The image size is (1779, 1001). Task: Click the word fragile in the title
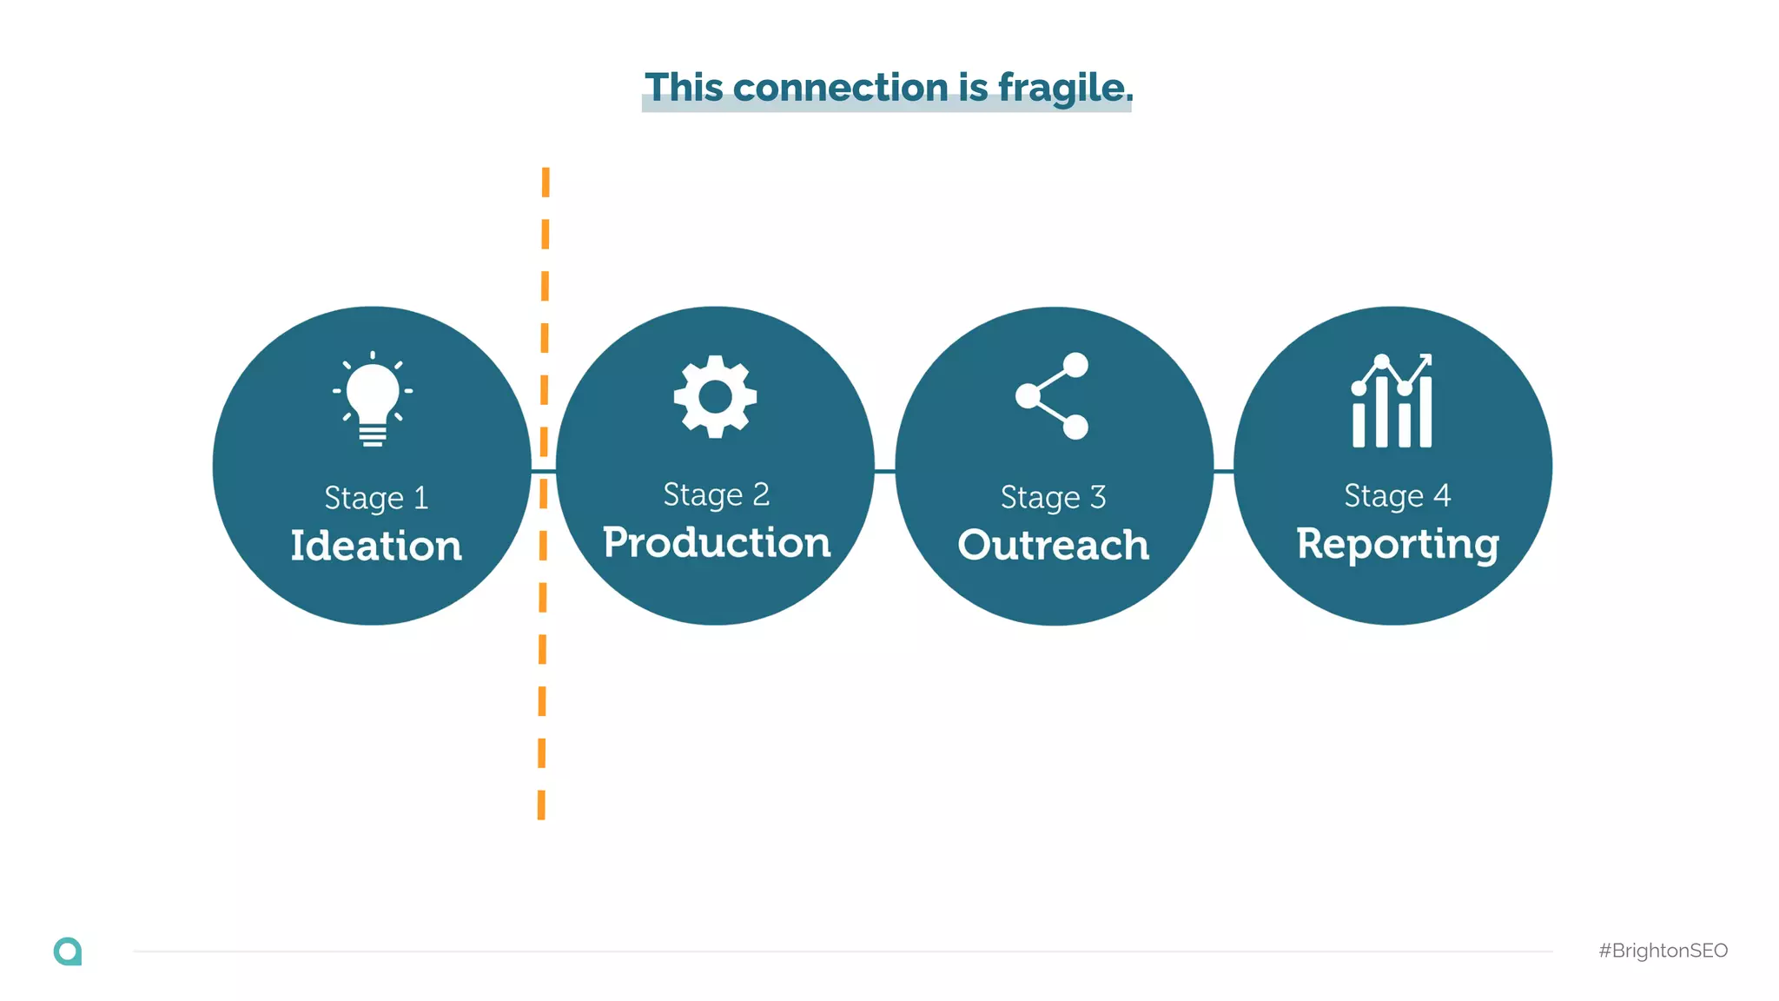(1065, 89)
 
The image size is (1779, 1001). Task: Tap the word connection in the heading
(840, 88)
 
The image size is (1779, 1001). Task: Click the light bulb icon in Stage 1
(373, 399)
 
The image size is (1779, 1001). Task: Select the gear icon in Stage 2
(715, 396)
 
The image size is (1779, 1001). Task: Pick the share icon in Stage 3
(1053, 396)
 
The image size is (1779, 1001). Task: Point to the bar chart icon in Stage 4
(1392, 401)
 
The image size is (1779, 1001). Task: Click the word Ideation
(376, 546)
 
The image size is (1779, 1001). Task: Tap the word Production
(717, 542)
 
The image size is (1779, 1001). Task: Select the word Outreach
(1053, 545)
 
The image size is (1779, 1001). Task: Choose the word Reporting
(1397, 544)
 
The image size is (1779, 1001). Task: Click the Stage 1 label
(376, 498)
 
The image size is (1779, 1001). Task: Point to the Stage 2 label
(716, 494)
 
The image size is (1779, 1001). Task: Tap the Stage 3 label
(1053, 497)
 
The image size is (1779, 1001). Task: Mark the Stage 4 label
(1397, 495)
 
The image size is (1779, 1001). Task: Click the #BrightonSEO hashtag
(1663, 951)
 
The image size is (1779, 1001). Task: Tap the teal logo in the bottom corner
(68, 951)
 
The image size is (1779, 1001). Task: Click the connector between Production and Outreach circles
(884, 471)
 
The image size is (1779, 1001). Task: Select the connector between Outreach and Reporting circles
(1223, 471)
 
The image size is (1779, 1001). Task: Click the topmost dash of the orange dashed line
(546, 182)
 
